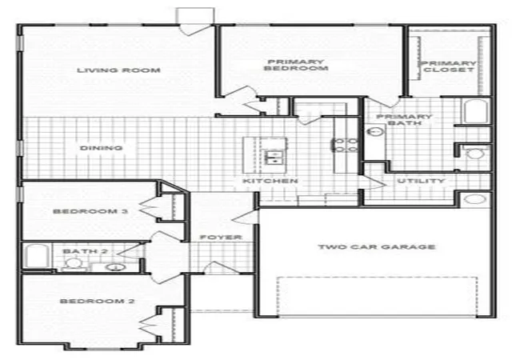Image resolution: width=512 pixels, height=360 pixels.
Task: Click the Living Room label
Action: (118, 70)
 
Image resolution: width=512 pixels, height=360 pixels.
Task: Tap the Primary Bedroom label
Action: (296, 65)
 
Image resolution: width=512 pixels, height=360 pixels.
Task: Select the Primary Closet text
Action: (449, 66)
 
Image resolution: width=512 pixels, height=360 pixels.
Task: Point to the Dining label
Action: (102, 148)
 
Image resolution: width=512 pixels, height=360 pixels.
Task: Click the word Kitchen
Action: (270, 181)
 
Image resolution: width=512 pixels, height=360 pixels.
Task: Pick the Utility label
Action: (421, 181)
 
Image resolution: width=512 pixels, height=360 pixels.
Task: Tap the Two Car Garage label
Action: (377, 246)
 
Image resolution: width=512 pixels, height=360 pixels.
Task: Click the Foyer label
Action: (221, 237)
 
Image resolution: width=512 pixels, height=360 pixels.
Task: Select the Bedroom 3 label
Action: (90, 211)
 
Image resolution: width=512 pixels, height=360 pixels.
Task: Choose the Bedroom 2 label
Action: (97, 301)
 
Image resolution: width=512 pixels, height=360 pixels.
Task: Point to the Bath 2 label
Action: (85, 251)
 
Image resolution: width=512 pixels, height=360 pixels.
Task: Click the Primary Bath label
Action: (404, 120)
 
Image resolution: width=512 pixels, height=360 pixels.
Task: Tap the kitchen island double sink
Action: (274, 157)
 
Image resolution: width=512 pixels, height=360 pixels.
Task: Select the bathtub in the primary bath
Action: (476, 111)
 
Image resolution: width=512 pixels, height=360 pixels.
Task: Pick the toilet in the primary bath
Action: (474, 153)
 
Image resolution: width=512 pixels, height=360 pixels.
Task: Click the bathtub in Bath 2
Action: (38, 256)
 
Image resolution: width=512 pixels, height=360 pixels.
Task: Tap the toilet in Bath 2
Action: (74, 263)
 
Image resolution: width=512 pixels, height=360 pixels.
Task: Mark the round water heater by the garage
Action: (474, 199)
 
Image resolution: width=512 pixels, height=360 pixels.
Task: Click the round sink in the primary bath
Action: (375, 132)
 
